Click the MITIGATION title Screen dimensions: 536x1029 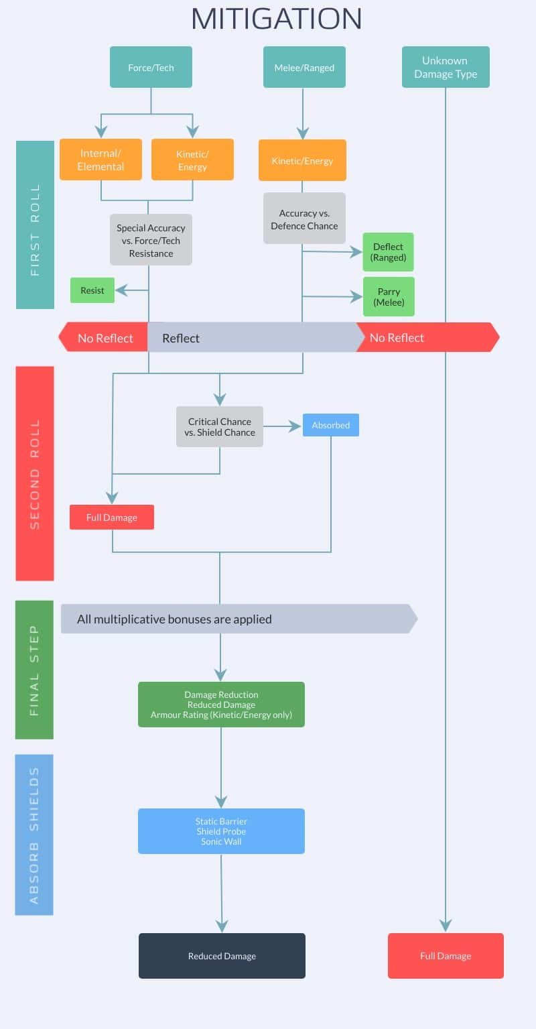pos(276,19)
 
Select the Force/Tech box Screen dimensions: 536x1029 pos(151,67)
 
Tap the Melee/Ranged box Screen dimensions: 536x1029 pos(304,67)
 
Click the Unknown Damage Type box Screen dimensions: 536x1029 pos(446,67)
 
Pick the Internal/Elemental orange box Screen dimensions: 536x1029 pos(100,160)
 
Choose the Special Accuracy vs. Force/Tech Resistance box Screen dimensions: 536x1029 pos(151,240)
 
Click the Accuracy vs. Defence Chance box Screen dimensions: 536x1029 pos(304,219)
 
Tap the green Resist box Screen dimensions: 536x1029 pos(92,290)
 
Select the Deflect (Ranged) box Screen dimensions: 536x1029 pos(388,252)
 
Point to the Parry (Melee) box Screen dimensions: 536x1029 pos(389,297)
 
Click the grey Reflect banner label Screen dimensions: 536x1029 pos(180,338)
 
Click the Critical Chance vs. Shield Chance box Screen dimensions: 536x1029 pos(220,427)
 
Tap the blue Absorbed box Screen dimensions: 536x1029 pos(331,425)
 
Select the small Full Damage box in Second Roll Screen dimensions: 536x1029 pos(112,518)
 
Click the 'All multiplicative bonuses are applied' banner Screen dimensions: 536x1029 pos(239,619)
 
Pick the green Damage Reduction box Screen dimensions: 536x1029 pos(221,705)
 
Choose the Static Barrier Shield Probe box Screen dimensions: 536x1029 pos(221,831)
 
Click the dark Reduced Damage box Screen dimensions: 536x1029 pos(222,955)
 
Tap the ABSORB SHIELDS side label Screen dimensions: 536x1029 pos(34,835)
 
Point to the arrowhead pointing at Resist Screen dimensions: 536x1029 pos(121,290)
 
